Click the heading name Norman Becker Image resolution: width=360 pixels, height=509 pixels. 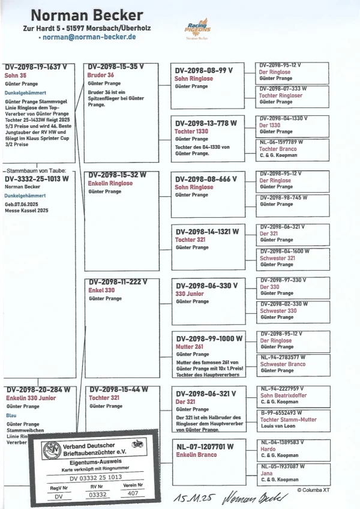tap(87, 15)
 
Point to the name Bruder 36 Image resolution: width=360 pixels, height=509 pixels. tap(101, 75)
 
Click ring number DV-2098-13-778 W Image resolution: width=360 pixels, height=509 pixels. tap(206, 123)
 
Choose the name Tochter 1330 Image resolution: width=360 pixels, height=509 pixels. tap(191, 131)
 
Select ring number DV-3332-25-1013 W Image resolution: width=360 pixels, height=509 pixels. tap(37, 178)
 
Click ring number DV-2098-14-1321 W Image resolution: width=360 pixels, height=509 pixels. tap(207, 231)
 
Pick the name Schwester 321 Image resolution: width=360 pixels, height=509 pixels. tap(277, 258)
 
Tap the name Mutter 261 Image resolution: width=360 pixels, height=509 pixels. tap(190, 347)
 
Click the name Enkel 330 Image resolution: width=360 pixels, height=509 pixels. tap(102, 290)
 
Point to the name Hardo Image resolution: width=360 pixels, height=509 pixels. tap(268, 449)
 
